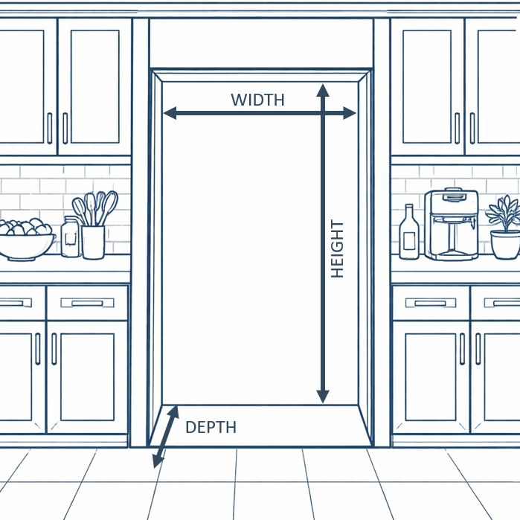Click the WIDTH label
point(257,100)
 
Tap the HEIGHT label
point(338,249)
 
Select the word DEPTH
point(211,428)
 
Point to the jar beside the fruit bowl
point(71,238)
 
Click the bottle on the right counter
point(408,234)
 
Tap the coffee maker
point(451,223)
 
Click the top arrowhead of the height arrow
point(322,90)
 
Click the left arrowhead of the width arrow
point(169,113)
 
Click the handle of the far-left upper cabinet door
point(50,127)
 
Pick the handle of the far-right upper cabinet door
point(472,127)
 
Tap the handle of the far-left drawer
point(10,303)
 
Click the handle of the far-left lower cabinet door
point(37,348)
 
